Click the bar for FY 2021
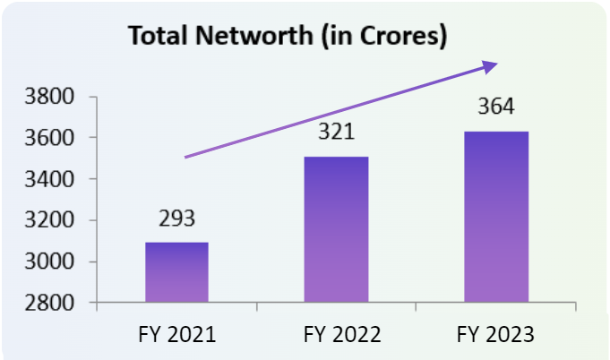[x=176, y=272]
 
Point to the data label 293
[x=176, y=219]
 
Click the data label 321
[x=337, y=133]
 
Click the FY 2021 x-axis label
[x=177, y=335]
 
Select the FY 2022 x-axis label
[x=337, y=335]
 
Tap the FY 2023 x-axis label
[x=495, y=335]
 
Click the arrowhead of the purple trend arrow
[x=490, y=65]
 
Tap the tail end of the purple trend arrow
[x=186, y=157]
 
